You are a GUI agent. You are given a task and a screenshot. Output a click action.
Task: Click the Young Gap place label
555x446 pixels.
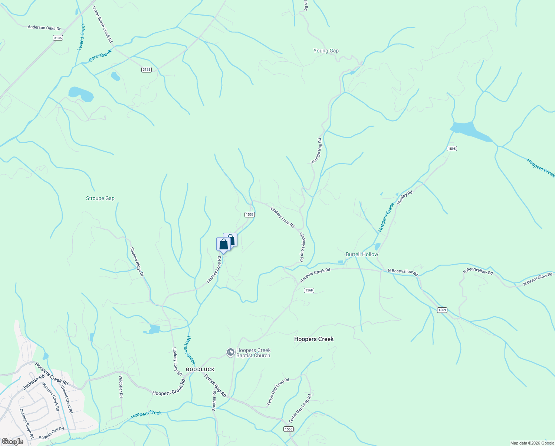point(326,51)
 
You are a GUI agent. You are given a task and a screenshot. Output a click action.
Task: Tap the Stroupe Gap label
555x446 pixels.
point(100,198)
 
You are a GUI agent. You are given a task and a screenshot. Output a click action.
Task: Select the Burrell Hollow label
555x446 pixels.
point(362,255)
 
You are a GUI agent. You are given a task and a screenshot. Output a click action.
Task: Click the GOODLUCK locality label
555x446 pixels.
point(200,369)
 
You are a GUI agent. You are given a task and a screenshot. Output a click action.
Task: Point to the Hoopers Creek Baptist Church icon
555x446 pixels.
point(231,352)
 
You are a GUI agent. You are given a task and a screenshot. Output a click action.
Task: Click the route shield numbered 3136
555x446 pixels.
point(58,38)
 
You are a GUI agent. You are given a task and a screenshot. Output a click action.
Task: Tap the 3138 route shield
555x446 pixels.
point(147,70)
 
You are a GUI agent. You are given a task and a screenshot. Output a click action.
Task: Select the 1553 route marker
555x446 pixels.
point(249,214)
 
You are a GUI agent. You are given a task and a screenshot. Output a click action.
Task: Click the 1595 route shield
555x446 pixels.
point(451,149)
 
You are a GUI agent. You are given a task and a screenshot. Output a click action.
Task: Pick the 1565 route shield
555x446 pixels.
point(289,429)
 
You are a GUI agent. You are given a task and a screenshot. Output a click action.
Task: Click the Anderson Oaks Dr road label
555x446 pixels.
point(44,28)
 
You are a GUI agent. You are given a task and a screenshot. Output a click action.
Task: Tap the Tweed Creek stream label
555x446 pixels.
point(81,37)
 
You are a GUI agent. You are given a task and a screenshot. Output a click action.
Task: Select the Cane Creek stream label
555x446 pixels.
point(100,56)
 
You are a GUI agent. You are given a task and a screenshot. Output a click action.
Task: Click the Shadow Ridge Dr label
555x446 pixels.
point(137,262)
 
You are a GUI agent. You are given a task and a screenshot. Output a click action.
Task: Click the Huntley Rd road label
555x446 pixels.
point(405,197)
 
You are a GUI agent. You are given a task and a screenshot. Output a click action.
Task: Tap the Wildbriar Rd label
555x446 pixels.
point(121,387)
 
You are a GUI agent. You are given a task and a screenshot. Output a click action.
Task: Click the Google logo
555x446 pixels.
point(12,442)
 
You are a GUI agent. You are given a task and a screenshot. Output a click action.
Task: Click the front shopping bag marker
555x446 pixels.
point(223,244)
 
